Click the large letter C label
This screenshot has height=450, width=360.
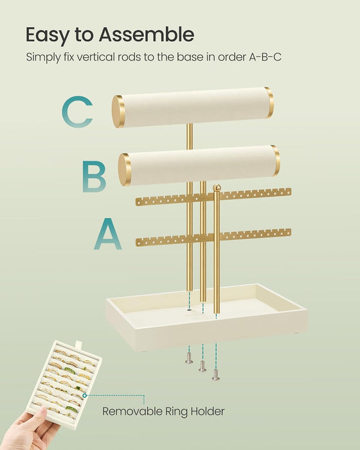[x=77, y=112]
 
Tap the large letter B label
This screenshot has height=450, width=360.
[x=94, y=176]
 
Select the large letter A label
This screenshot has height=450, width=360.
[x=108, y=233]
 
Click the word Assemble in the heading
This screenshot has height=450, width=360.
[x=147, y=35]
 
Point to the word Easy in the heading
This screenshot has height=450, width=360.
[x=48, y=35]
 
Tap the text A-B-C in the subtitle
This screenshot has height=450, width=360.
[x=265, y=57]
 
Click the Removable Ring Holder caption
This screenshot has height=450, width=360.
[x=163, y=411]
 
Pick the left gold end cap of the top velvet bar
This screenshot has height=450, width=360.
[x=118, y=111]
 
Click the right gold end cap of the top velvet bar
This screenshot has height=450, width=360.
[x=269, y=102]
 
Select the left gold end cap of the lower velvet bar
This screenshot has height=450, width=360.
[x=124, y=169]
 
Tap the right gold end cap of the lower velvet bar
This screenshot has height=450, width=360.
[x=276, y=161]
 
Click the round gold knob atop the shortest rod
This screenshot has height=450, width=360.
[x=217, y=188]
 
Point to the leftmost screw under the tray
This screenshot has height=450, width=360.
[x=189, y=358]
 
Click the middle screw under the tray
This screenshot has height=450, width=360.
[x=203, y=366]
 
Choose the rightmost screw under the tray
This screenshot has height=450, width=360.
[x=216, y=375]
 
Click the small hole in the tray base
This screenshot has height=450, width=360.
[x=189, y=310]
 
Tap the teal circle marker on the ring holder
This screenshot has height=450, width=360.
[x=84, y=395]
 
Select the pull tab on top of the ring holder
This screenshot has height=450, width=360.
[x=78, y=343]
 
